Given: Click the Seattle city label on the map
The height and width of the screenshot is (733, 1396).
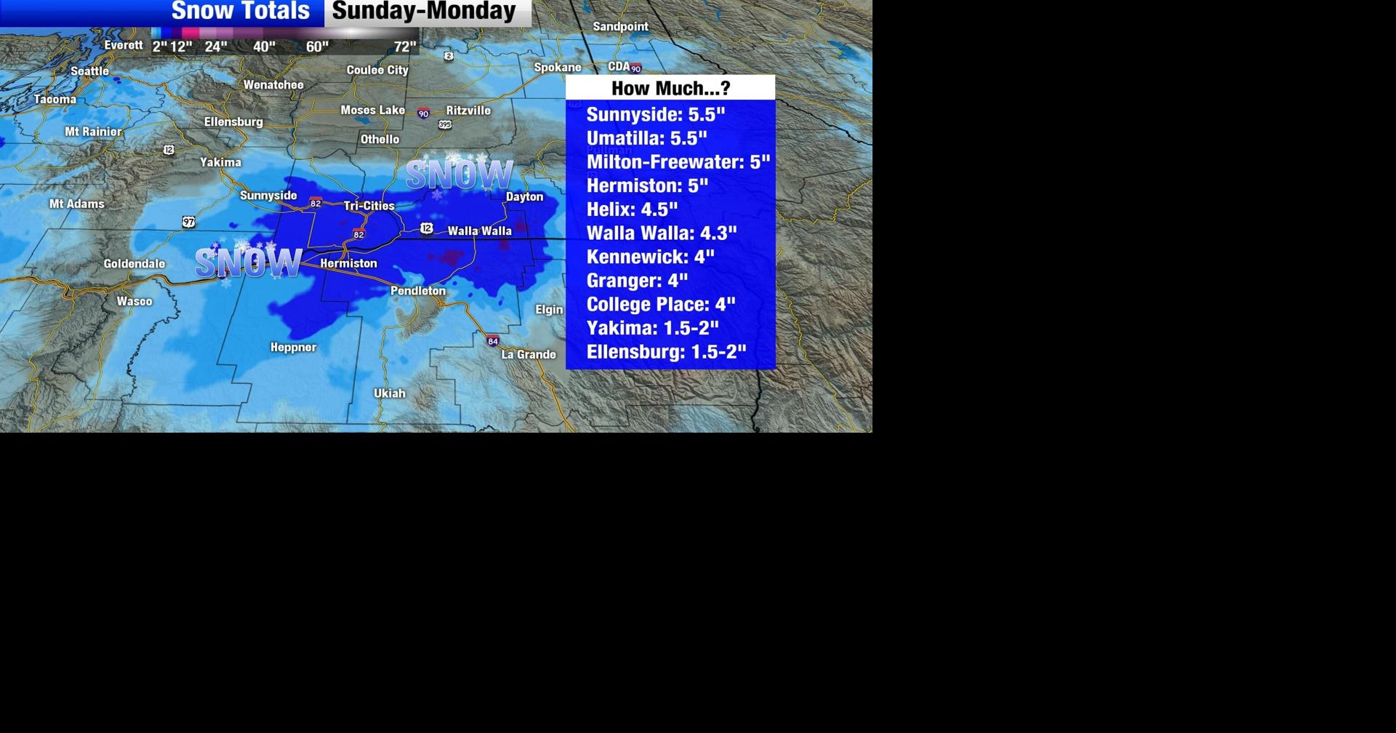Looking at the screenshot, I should coord(89,71).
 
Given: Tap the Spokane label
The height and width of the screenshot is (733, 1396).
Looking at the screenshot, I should coord(558,68).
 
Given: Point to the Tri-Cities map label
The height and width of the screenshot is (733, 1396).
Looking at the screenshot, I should coord(369,206).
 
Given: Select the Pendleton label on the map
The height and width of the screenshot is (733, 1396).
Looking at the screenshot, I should coord(418,291).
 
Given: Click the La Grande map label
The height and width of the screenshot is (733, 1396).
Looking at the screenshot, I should coord(529,355).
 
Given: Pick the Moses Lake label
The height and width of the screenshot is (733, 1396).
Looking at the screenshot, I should coord(373,111).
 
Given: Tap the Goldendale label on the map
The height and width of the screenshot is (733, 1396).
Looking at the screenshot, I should coord(135,264).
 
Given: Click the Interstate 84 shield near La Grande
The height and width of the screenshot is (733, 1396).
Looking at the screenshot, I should coord(493,340).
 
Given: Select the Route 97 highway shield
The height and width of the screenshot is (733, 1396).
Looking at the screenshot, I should coord(189,222).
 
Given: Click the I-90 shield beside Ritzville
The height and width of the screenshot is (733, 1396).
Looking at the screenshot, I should coord(423,113).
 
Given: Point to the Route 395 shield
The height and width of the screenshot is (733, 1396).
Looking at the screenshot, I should coord(445,125).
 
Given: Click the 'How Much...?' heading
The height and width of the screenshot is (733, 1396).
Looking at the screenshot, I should coord(670,88).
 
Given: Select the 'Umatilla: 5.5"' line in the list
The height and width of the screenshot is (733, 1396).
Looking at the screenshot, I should coord(646,138).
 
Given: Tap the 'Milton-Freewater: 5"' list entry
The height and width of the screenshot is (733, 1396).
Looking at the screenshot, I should coord(678,162).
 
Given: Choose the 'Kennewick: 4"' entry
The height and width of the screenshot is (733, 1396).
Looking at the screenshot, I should coord(650,257).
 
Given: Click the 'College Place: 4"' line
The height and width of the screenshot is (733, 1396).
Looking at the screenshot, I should coord(660,304).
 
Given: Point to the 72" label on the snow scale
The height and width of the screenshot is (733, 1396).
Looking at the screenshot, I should coord(405,47).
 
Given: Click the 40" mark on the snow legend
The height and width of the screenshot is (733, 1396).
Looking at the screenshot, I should coord(264,47).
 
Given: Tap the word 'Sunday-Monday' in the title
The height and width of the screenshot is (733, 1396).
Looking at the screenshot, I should coord(424,12).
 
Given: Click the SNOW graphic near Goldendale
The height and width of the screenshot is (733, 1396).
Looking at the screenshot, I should coord(248,263).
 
